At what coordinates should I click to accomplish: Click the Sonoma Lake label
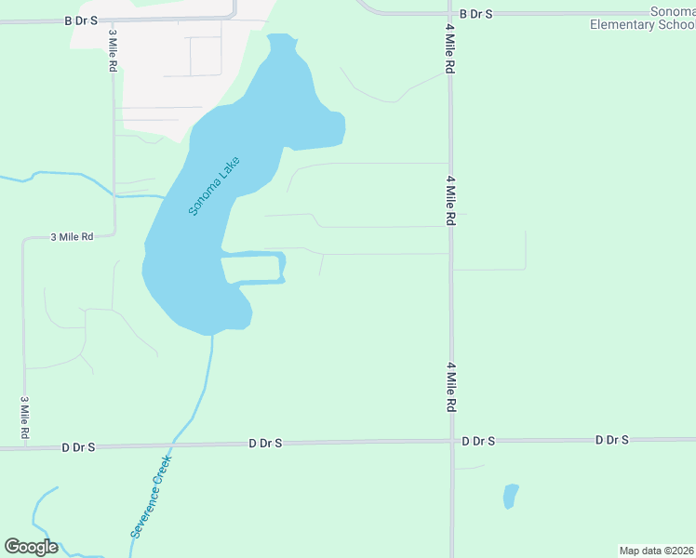click(x=214, y=185)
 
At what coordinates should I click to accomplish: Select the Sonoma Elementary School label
click(x=642, y=18)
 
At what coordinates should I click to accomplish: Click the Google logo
click(x=31, y=547)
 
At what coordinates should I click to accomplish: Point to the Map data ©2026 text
click(x=656, y=551)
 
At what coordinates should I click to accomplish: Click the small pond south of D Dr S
click(x=510, y=496)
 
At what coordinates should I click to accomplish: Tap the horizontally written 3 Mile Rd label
click(x=72, y=237)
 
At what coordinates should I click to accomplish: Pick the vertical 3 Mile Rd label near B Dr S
click(x=113, y=46)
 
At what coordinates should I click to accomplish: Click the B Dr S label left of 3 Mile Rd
click(x=81, y=20)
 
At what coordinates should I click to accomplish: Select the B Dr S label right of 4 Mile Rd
click(x=475, y=14)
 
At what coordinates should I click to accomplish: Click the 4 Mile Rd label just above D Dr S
click(x=450, y=388)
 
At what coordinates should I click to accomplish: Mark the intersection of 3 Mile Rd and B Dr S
click(x=114, y=19)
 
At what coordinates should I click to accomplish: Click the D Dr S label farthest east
click(x=612, y=439)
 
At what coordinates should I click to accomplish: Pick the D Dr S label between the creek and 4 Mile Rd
click(x=266, y=445)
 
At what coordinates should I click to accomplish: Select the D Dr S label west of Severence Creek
click(x=78, y=447)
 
